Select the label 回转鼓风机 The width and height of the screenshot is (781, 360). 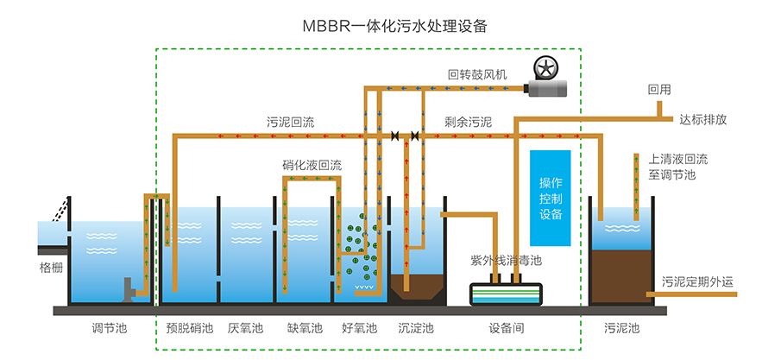tap(476, 75)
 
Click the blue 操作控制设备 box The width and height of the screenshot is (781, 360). tap(551, 198)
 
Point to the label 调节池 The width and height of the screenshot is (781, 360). tap(109, 328)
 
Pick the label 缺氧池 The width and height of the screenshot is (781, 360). tap(304, 328)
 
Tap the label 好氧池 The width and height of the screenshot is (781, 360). tap(359, 328)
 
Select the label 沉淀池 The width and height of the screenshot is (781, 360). tap(415, 328)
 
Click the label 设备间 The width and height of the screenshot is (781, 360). tap(506, 328)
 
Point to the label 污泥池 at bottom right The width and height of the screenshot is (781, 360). tap(621, 328)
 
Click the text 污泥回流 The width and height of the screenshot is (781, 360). tap(290, 123)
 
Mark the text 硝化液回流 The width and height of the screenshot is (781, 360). tap(312, 165)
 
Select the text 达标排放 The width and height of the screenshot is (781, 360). tap(703, 120)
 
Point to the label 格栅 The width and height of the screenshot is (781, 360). tap(51, 268)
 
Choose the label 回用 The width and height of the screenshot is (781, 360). tap(658, 89)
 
